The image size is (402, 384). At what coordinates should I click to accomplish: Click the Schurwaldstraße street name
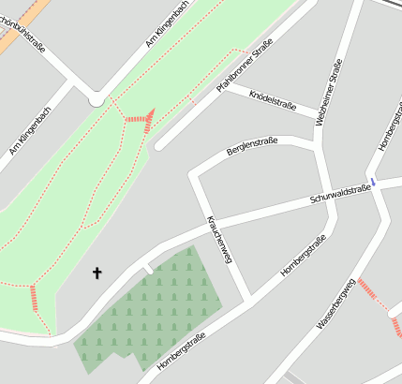coord(340,195)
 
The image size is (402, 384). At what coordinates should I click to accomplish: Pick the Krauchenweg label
coord(218,240)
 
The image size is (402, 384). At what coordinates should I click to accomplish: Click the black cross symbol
coord(96,273)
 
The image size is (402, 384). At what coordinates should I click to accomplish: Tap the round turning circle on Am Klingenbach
coord(97,98)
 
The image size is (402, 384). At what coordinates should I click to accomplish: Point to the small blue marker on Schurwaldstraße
coord(373,182)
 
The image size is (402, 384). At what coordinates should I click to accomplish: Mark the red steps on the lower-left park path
coord(35,298)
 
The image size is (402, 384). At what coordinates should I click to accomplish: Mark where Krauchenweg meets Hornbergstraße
coord(250,301)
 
